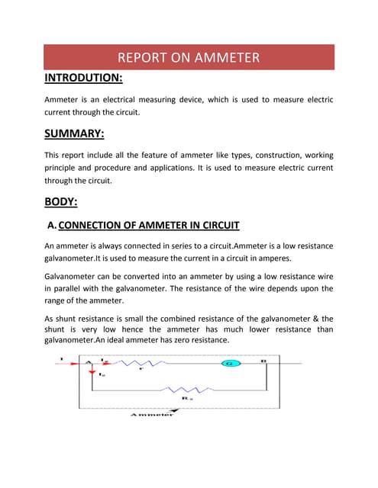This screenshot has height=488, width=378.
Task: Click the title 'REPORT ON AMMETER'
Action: pyautogui.click(x=189, y=57)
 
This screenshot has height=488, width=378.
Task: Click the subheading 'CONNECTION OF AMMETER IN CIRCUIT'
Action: pyautogui.click(x=149, y=225)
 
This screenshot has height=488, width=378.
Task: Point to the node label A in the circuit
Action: pyautogui.click(x=89, y=359)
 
